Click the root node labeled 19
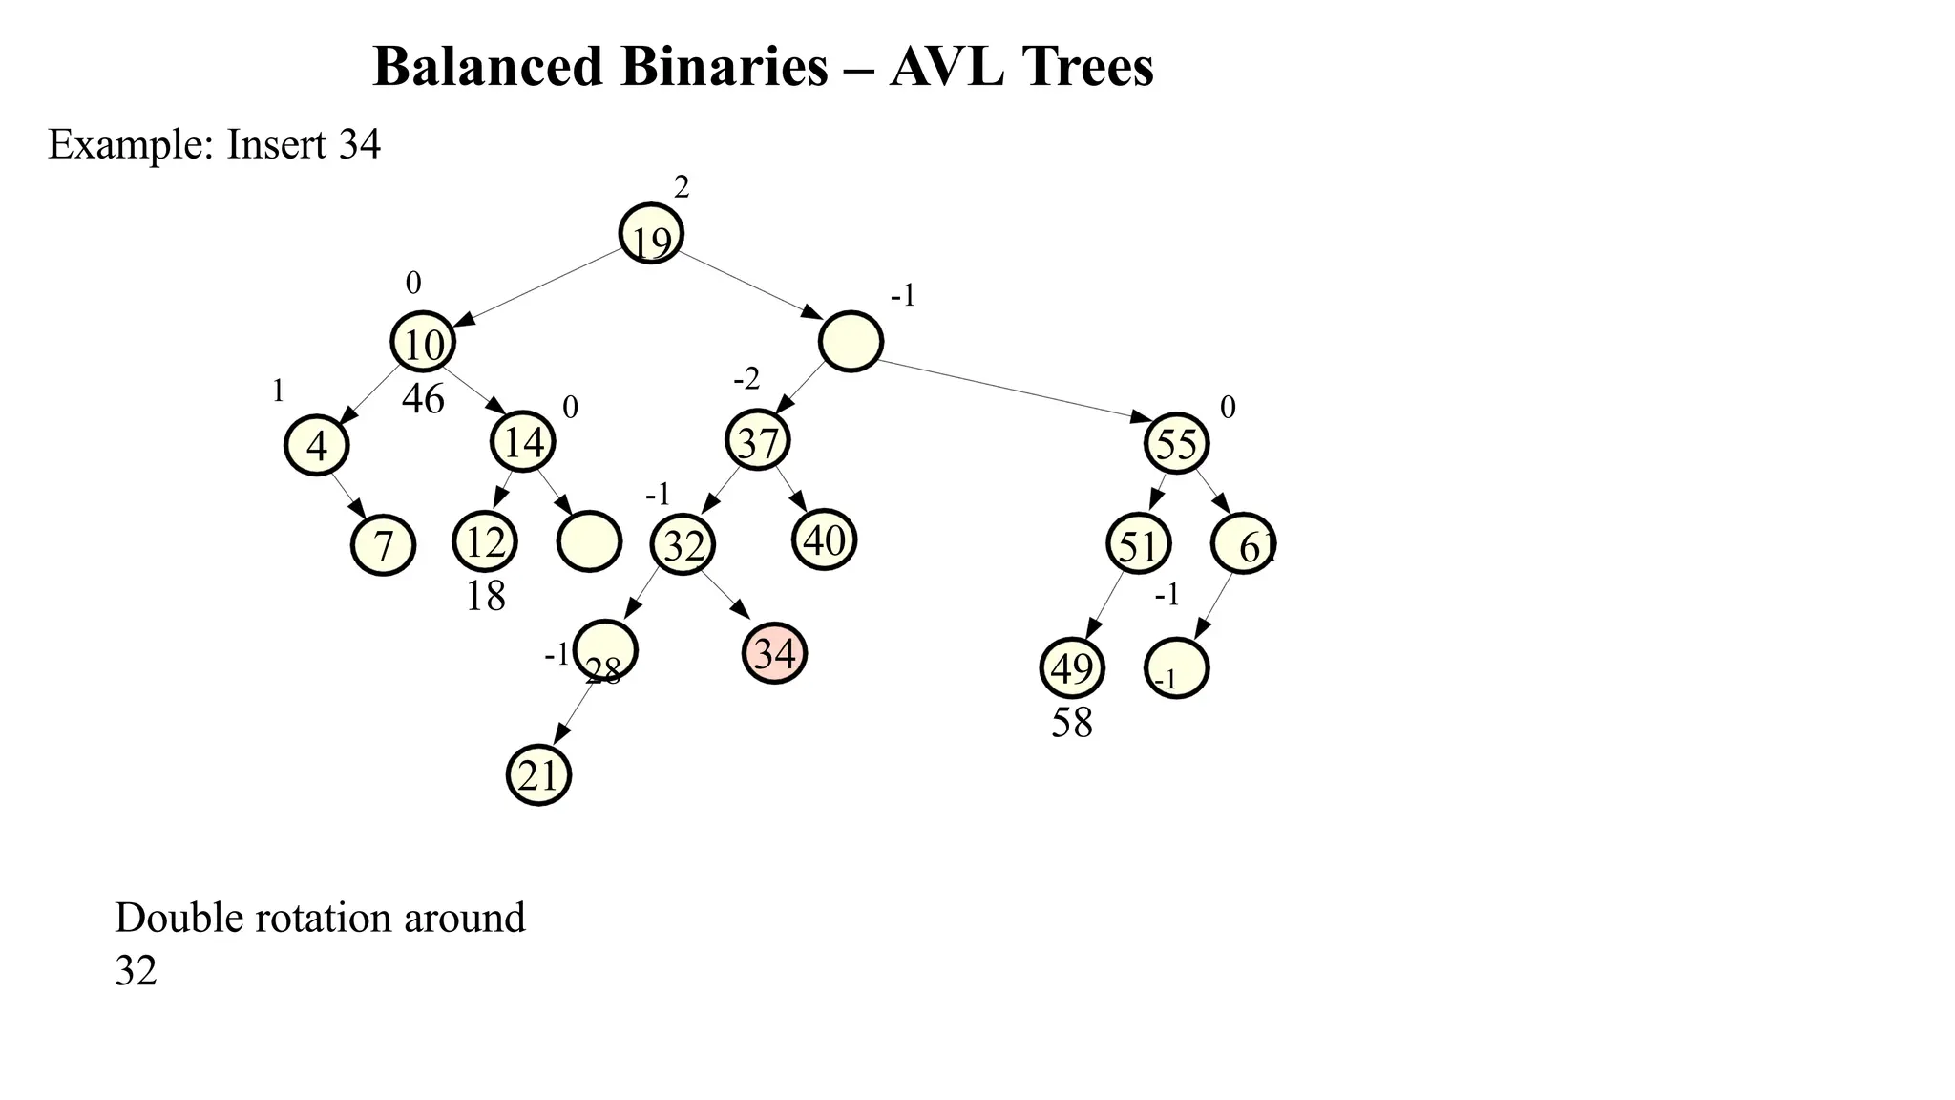(651, 234)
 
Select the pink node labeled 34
(774, 654)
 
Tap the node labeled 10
(423, 342)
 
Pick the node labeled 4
(317, 445)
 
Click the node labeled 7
(383, 545)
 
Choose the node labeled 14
(523, 441)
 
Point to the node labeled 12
(485, 541)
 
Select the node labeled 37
(758, 442)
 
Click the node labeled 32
(683, 545)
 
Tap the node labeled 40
(825, 540)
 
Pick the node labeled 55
(1176, 444)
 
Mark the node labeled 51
(1138, 545)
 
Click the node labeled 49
(1071, 668)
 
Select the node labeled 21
(538, 776)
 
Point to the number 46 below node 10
(423, 399)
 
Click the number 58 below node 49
(1071, 724)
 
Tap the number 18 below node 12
(485, 597)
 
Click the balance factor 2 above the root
(681, 188)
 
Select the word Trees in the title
(1087, 67)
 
